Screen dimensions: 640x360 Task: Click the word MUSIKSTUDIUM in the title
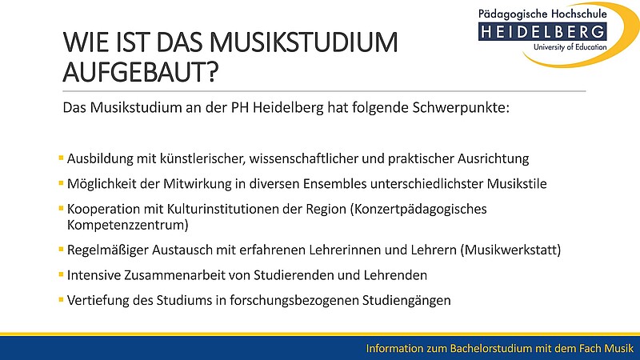point(304,42)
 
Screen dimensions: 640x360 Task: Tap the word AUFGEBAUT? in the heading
point(141,72)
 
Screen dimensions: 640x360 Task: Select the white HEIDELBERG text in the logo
point(542,32)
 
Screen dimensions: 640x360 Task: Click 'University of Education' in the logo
point(570,47)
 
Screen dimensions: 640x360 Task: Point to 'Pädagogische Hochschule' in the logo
point(542,14)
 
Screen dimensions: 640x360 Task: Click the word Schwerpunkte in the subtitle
point(461,108)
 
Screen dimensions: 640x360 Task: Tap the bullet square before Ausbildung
point(61,158)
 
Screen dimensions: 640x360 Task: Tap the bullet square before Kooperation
point(61,208)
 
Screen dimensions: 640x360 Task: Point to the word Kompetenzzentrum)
point(128,225)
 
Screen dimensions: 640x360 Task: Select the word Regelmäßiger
point(108,250)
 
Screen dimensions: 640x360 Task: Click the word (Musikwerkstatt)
point(510,250)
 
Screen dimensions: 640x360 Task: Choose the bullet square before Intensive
point(61,274)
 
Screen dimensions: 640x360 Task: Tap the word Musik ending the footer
point(619,348)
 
